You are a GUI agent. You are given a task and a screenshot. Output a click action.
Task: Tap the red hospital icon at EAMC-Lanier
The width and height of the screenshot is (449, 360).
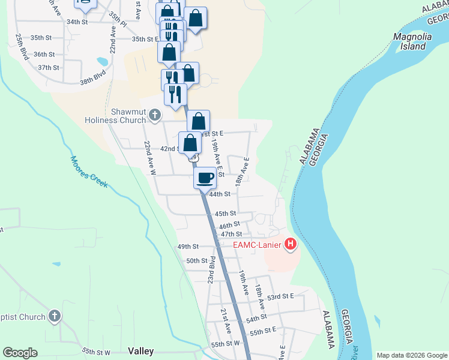click(291, 244)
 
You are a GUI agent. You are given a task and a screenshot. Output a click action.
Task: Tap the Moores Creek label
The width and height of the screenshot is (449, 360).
click(89, 172)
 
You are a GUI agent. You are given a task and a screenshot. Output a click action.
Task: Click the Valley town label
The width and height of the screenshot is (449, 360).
click(141, 351)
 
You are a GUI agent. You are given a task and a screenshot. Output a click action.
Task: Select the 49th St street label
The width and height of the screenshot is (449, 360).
click(187, 247)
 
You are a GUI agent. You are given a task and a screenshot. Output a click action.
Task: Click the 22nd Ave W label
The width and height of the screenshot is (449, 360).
click(149, 157)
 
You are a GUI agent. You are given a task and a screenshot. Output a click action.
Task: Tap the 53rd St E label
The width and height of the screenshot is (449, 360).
click(280, 297)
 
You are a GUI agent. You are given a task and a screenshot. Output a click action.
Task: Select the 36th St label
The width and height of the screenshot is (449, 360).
click(44, 54)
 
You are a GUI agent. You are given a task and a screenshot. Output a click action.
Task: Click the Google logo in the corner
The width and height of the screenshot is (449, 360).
click(20, 353)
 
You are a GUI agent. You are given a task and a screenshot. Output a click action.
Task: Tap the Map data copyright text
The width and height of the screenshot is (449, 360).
click(411, 355)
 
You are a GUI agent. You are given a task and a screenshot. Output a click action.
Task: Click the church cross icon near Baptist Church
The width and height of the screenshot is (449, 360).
click(54, 316)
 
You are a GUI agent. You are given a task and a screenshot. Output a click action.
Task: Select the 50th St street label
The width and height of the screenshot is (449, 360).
click(196, 261)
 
